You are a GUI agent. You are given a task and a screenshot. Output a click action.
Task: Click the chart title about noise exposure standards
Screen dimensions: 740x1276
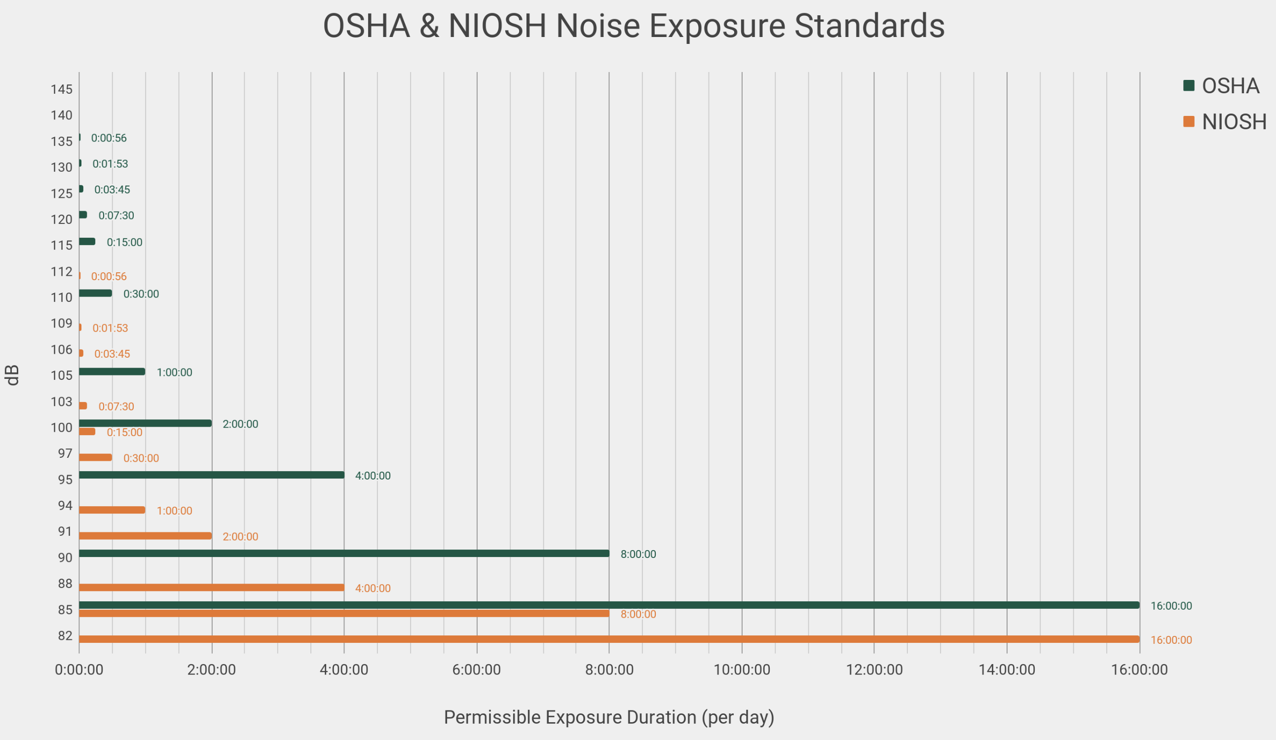click(x=634, y=26)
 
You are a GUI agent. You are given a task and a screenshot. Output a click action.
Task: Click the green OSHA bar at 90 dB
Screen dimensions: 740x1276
click(x=344, y=553)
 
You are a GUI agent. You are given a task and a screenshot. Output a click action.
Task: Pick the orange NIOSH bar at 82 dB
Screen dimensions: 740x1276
click(x=607, y=639)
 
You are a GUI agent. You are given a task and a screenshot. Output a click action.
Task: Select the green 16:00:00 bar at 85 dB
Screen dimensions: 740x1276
click(x=607, y=605)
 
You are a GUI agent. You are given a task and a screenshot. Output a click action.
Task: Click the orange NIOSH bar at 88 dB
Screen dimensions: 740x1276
click(x=212, y=588)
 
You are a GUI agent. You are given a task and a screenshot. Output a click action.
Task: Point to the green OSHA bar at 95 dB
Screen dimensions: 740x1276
click(x=212, y=475)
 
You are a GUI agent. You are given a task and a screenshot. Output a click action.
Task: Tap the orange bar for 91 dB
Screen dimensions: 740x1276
click(x=146, y=535)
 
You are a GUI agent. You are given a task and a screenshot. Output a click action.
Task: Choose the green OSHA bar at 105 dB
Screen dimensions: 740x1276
click(x=112, y=371)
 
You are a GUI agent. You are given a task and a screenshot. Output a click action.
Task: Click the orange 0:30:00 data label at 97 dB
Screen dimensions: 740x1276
click(x=141, y=458)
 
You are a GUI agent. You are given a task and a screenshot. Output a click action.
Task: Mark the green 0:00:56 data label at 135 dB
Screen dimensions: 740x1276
click(x=109, y=138)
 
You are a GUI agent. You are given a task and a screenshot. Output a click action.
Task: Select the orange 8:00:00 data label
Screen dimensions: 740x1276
click(x=638, y=614)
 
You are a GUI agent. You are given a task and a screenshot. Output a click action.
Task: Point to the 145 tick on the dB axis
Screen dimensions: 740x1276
click(x=61, y=90)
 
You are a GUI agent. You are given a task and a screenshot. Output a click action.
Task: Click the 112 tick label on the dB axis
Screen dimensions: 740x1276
click(x=61, y=272)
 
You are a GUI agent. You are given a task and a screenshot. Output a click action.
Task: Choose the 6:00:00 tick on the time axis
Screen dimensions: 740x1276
click(x=477, y=669)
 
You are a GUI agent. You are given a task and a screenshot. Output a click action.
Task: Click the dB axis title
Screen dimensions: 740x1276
click(x=13, y=375)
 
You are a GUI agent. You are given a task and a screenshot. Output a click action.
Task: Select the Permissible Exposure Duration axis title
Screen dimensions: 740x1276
click(x=609, y=717)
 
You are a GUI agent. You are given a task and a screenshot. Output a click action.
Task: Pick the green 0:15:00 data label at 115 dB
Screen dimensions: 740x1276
click(x=124, y=242)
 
